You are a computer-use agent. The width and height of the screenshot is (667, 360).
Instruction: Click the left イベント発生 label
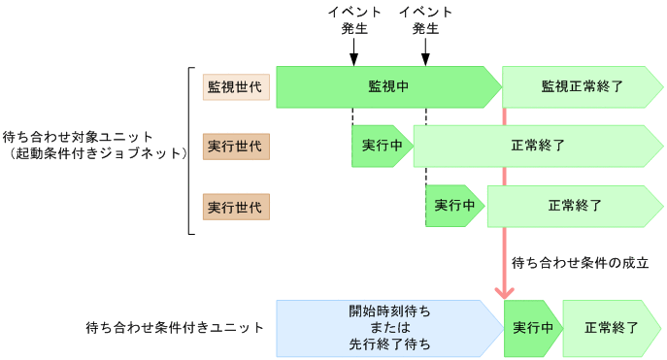tap(353, 20)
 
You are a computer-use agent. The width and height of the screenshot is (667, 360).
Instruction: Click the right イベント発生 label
tap(425, 20)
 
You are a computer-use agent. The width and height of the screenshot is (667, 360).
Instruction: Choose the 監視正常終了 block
tap(581, 86)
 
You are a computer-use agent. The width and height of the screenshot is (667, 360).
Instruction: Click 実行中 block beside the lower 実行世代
tap(453, 206)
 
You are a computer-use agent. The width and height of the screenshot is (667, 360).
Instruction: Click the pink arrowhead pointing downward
tap(504, 291)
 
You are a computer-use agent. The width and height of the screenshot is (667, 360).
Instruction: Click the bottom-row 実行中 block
tap(531, 328)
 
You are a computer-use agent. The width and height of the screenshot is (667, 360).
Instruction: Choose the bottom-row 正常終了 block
tap(611, 328)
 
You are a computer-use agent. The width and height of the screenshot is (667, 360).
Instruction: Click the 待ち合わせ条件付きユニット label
tap(174, 328)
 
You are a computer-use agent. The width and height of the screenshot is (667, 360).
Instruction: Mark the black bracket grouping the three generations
tap(190, 150)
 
